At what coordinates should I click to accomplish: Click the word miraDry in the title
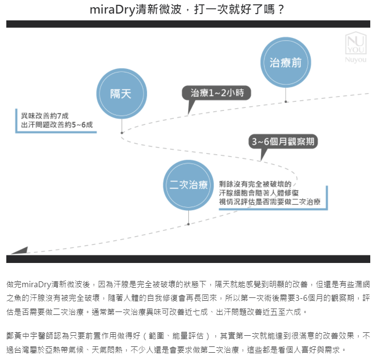coord(113,10)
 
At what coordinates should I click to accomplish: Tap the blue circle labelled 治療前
coord(286,62)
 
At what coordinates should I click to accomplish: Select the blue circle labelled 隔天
coord(122,94)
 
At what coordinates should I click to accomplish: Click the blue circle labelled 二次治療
coord(188,185)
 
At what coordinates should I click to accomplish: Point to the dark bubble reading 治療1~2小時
coord(216,93)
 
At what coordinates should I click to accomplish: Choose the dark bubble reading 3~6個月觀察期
coord(283,141)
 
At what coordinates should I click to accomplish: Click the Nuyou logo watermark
coord(356,47)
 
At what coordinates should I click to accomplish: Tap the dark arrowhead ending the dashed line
coord(20,250)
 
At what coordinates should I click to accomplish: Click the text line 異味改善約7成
coord(45,116)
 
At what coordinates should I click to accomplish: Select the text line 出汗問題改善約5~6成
coord(57,125)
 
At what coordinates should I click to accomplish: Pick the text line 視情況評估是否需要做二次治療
coord(270,201)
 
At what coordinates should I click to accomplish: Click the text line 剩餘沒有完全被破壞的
coord(255,184)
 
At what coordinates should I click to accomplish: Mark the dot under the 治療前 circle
coord(286,102)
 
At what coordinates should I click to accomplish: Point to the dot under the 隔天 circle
coord(122,132)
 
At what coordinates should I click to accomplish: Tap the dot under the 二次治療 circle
coord(188,224)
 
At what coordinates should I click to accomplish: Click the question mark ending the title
coord(280,10)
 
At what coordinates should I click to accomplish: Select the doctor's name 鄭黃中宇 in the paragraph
coord(22,336)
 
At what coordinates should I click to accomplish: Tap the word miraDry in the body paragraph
coord(36,284)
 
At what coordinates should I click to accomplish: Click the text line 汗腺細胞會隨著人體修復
coord(259,193)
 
